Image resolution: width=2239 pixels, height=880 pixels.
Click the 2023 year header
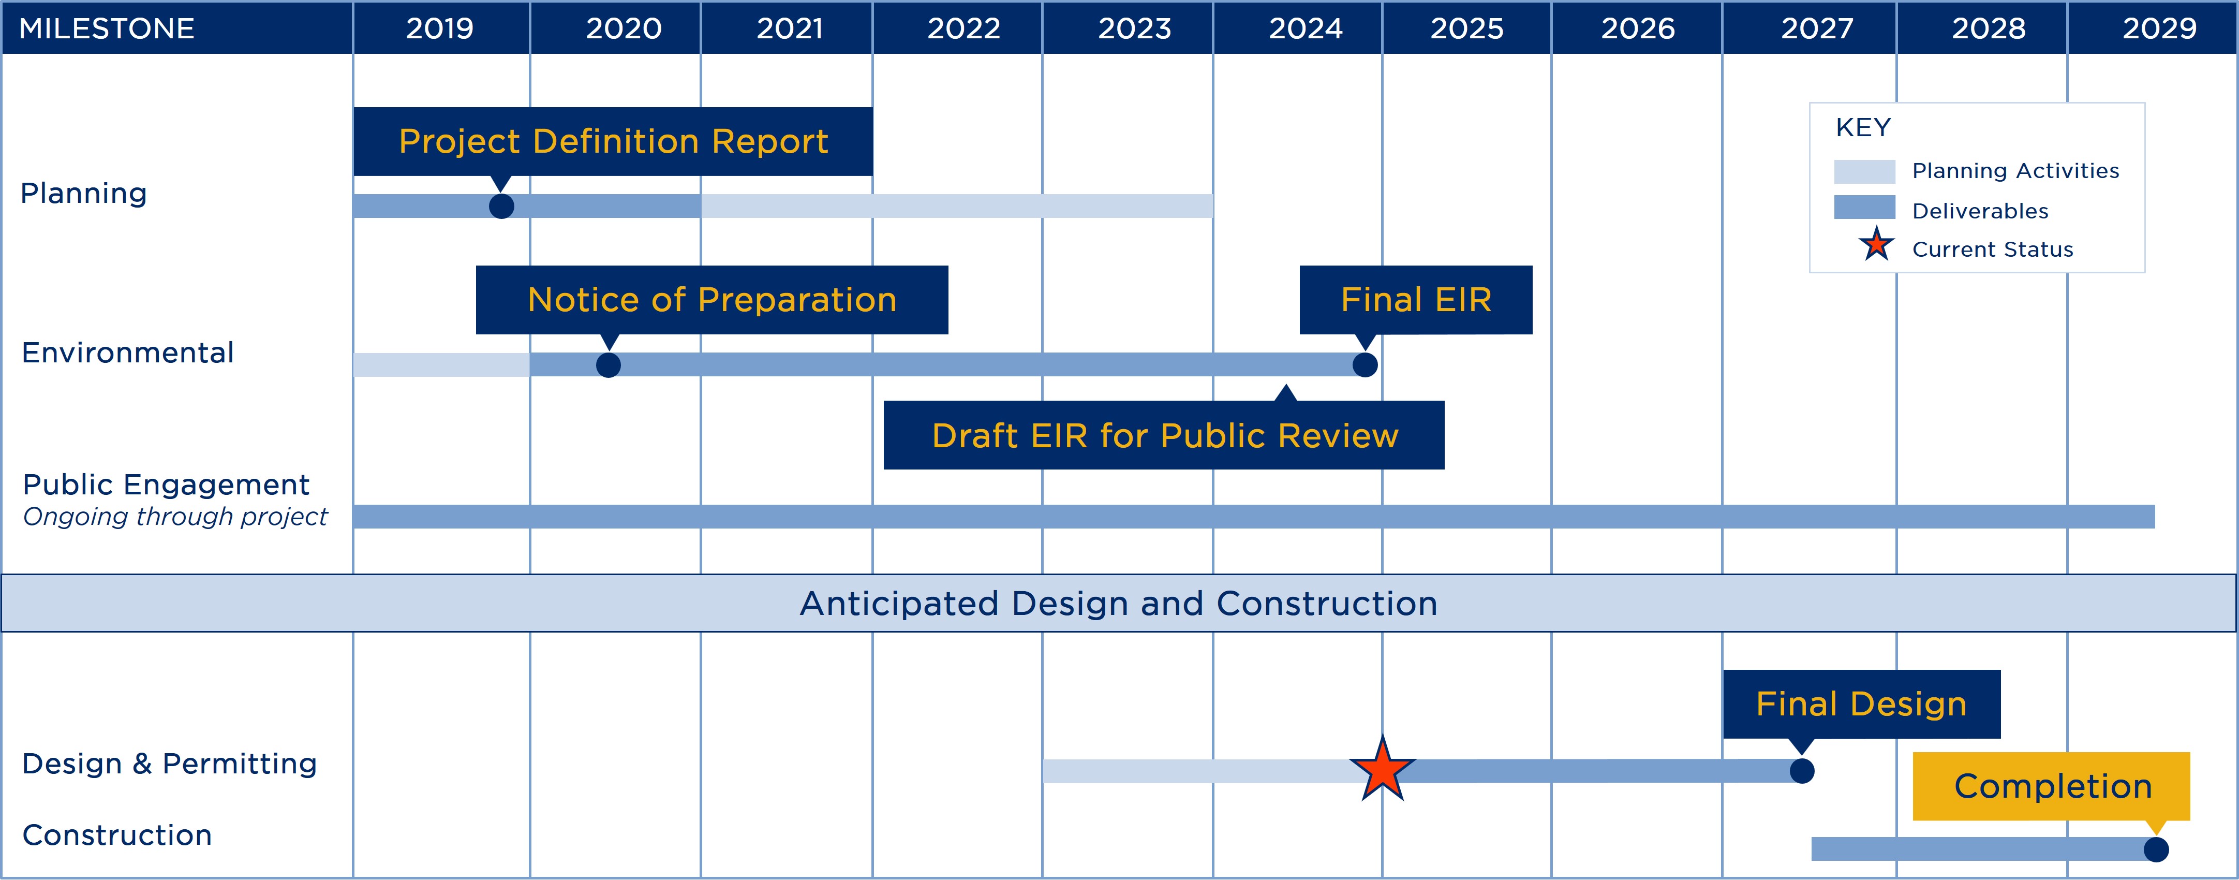click(1134, 28)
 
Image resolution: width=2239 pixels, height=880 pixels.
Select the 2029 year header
click(2159, 28)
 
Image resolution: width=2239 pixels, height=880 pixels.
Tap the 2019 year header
click(440, 28)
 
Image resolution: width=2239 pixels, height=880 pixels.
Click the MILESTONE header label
click(107, 28)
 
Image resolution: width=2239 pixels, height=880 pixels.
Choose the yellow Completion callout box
click(2051, 786)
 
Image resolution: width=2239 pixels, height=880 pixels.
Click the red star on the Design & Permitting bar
click(1382, 770)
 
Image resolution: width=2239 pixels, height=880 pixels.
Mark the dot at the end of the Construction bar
click(2156, 849)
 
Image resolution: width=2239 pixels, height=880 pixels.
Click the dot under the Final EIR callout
click(1365, 365)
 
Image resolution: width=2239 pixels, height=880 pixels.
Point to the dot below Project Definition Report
click(501, 206)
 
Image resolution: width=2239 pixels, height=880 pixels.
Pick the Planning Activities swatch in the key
click(1864, 171)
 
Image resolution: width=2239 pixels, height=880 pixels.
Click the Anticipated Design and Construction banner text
click(1119, 604)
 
